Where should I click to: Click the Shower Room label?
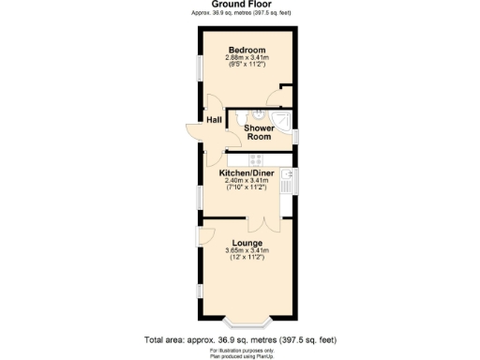click(x=259, y=132)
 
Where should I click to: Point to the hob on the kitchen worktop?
click(x=254, y=158)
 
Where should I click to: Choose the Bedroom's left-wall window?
click(x=199, y=70)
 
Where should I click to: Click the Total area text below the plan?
click(x=239, y=339)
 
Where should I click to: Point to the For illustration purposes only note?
click(x=241, y=349)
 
